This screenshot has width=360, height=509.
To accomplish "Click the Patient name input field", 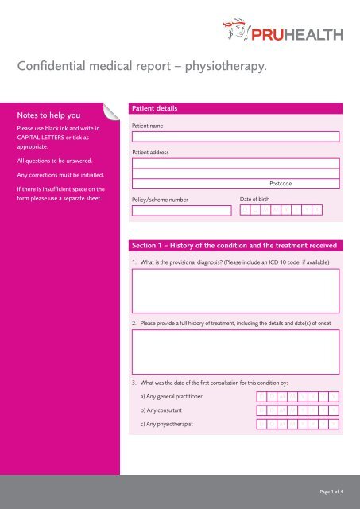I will (234, 136).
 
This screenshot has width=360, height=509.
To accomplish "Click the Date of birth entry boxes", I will (281, 211).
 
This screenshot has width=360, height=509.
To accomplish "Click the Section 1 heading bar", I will (234, 243).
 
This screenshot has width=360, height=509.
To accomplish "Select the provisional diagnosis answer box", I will (234, 290).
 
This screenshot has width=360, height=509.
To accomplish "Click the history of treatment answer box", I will (234, 351).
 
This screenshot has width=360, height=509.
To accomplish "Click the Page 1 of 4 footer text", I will (327, 492).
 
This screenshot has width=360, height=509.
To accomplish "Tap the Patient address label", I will (151, 152).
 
